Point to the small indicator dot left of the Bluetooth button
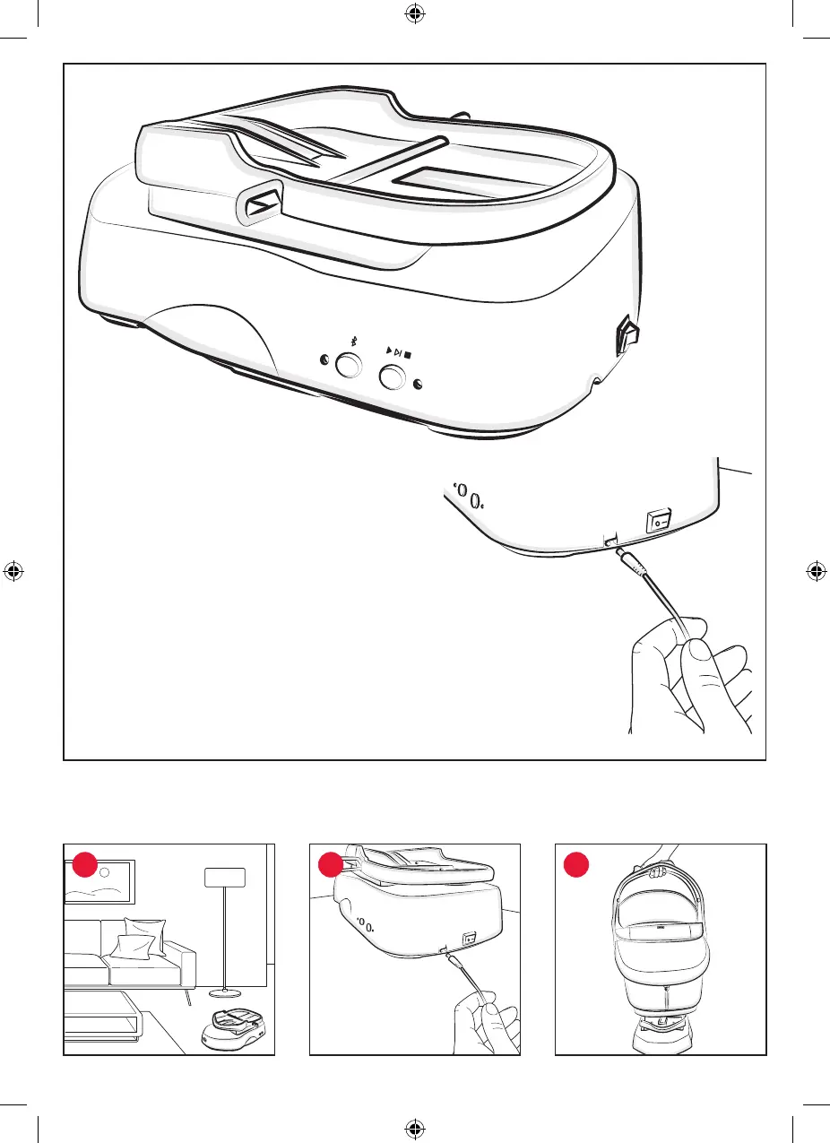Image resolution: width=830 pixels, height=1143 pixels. (x=324, y=363)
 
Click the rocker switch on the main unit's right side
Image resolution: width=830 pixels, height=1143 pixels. (x=624, y=339)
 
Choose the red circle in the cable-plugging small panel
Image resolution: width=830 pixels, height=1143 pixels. (x=329, y=865)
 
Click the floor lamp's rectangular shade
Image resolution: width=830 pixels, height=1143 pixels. (x=225, y=876)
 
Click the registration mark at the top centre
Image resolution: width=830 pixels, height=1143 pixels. (x=415, y=14)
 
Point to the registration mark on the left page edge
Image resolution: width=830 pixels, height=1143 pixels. (x=13, y=570)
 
